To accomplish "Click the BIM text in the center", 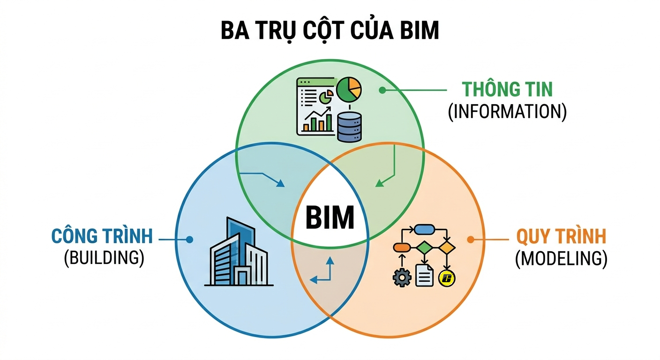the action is pos(330,217).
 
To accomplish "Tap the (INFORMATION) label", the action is pos(507,112).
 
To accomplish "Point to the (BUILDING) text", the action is pos(104,258).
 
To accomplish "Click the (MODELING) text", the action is pos(561,258).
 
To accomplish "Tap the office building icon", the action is pos(239,252).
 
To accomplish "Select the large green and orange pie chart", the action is pos(349,90).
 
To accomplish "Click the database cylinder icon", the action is pos(349,127).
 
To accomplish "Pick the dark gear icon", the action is pos(402,277).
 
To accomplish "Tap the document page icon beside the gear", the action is pos(424,276).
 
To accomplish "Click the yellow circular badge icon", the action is pos(447,278).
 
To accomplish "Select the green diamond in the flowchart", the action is pos(424,247).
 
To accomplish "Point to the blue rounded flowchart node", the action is pos(424,230).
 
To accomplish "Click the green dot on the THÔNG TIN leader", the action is pos(382,90).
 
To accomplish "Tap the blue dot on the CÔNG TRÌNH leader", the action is pos(189,240).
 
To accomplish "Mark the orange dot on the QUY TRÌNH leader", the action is pos(471,240).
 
